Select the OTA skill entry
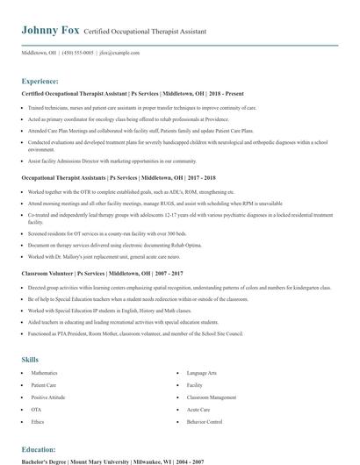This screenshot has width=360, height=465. (36, 409)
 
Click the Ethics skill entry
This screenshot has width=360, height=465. (37, 421)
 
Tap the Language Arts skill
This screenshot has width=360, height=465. (203, 373)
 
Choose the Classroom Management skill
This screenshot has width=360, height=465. (212, 397)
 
